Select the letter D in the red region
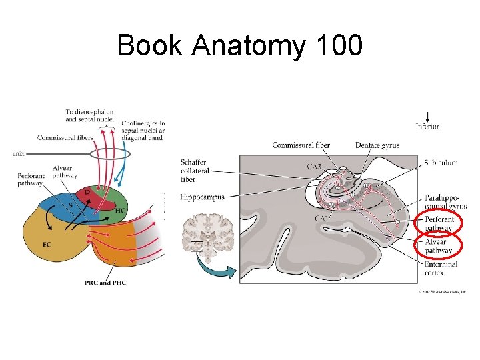(87, 193)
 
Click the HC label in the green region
(121, 211)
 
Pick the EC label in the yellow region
(46, 245)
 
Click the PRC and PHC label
(105, 283)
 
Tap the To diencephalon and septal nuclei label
(89, 115)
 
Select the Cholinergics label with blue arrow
(143, 127)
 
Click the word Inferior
(427, 127)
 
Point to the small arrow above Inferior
(427, 115)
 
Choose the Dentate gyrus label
(377, 145)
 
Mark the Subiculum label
(441, 163)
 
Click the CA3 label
(315, 166)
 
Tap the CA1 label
(321, 219)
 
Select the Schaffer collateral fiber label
(195, 171)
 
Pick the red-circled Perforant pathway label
(439, 223)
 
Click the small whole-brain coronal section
(208, 233)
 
